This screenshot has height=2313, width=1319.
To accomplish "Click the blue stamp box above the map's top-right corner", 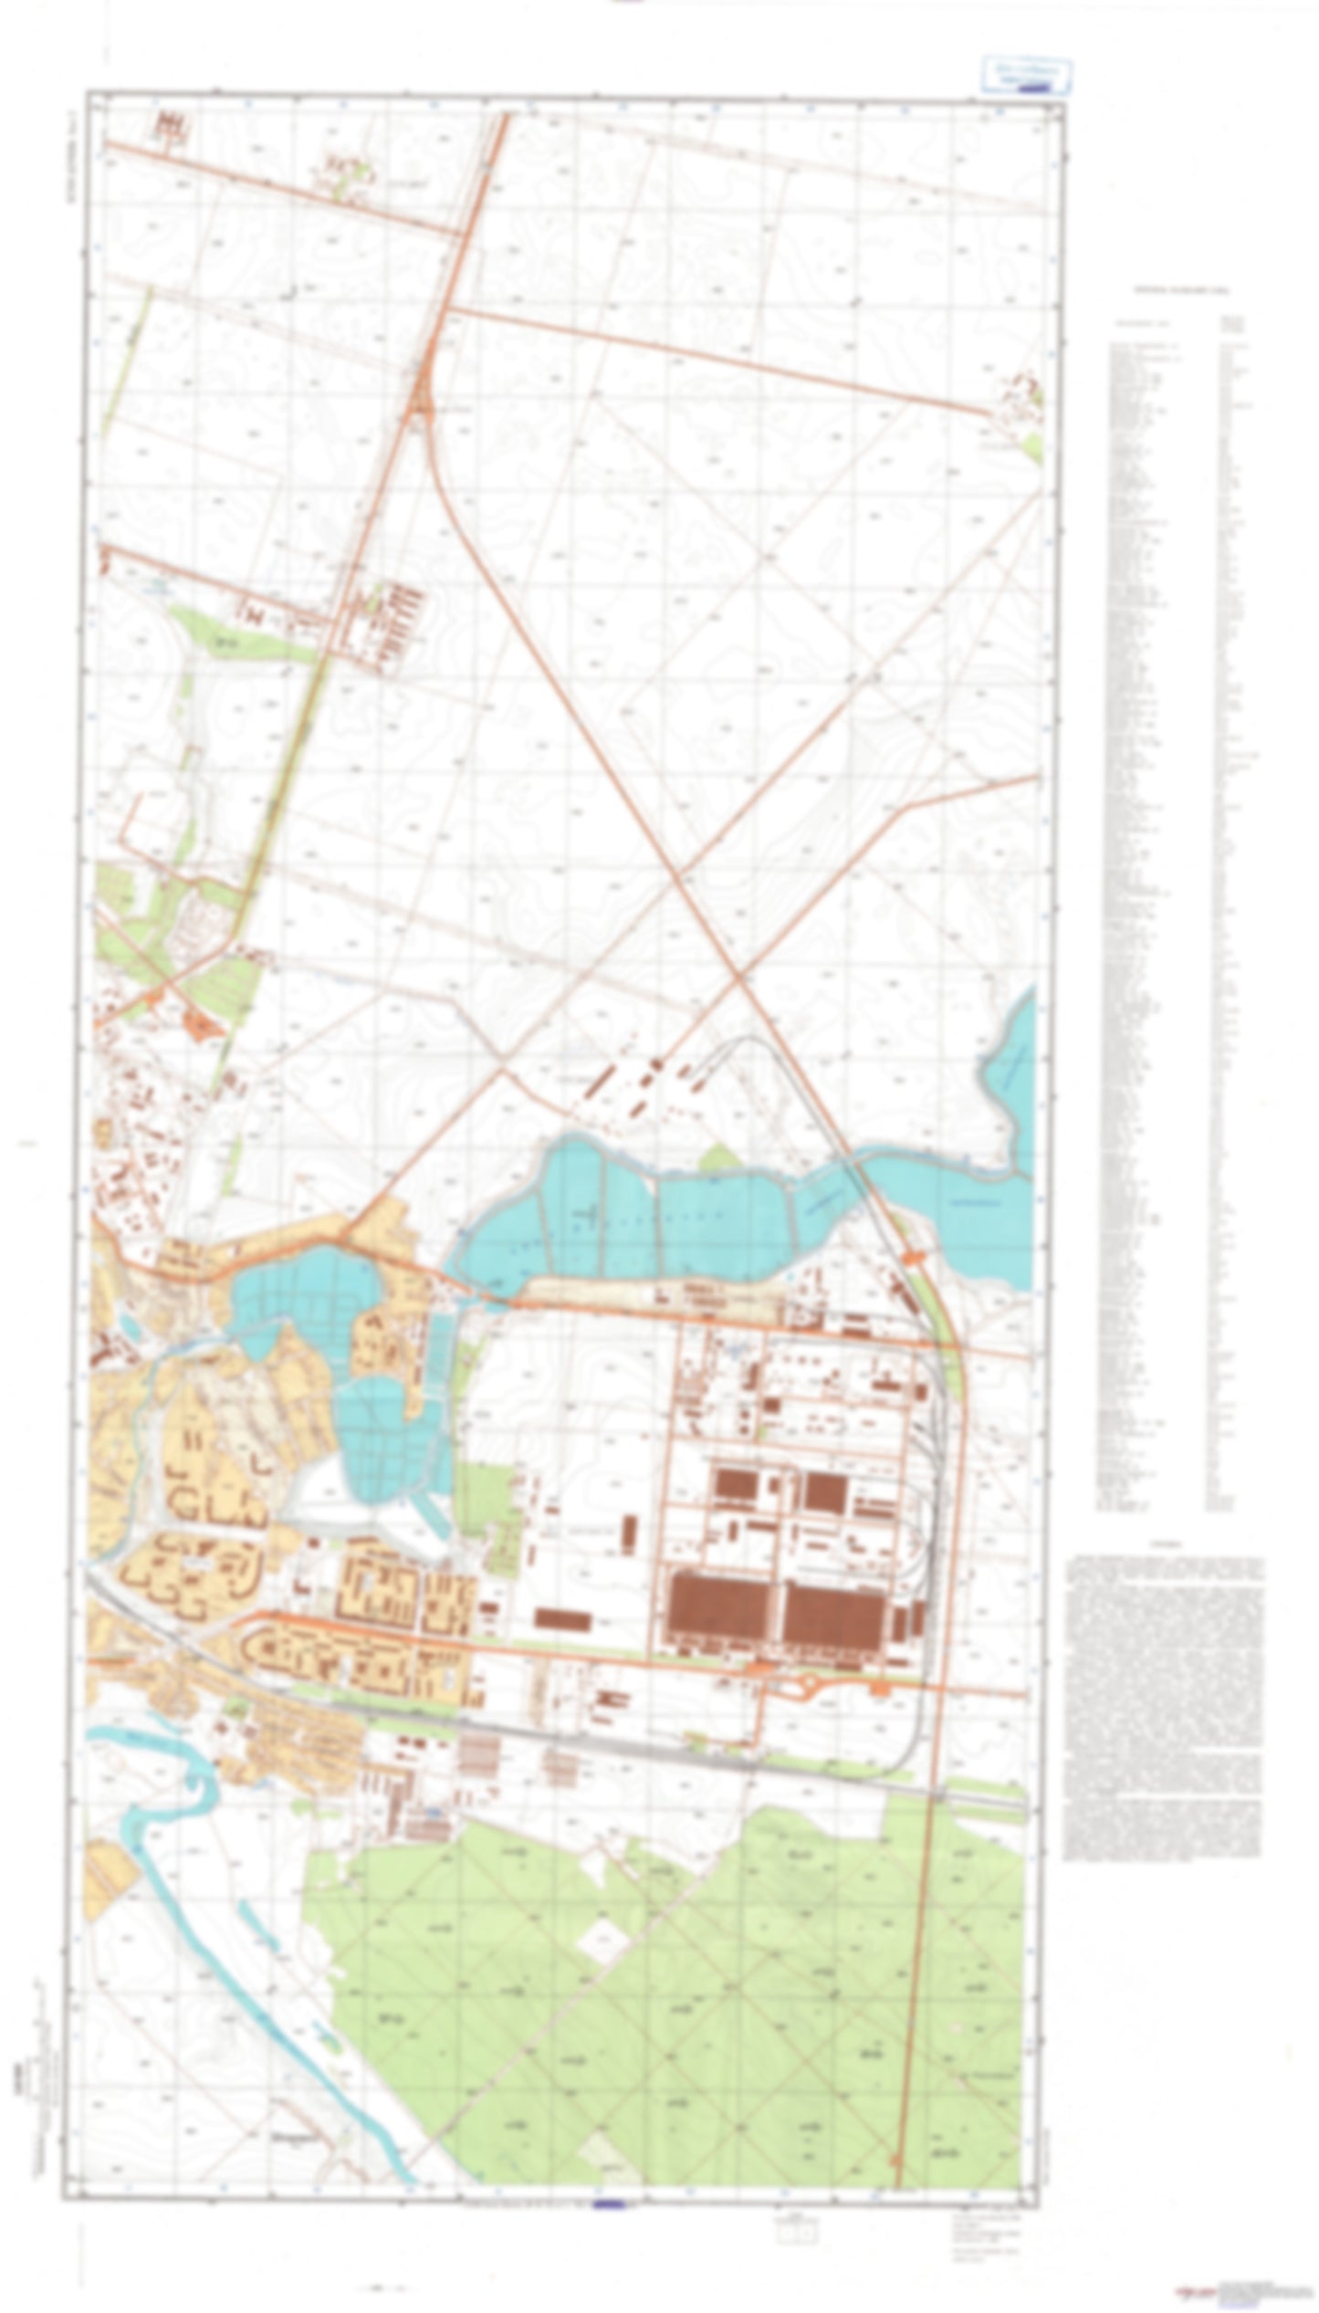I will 1026,75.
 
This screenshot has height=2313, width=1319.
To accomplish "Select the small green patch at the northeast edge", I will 1031,446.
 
